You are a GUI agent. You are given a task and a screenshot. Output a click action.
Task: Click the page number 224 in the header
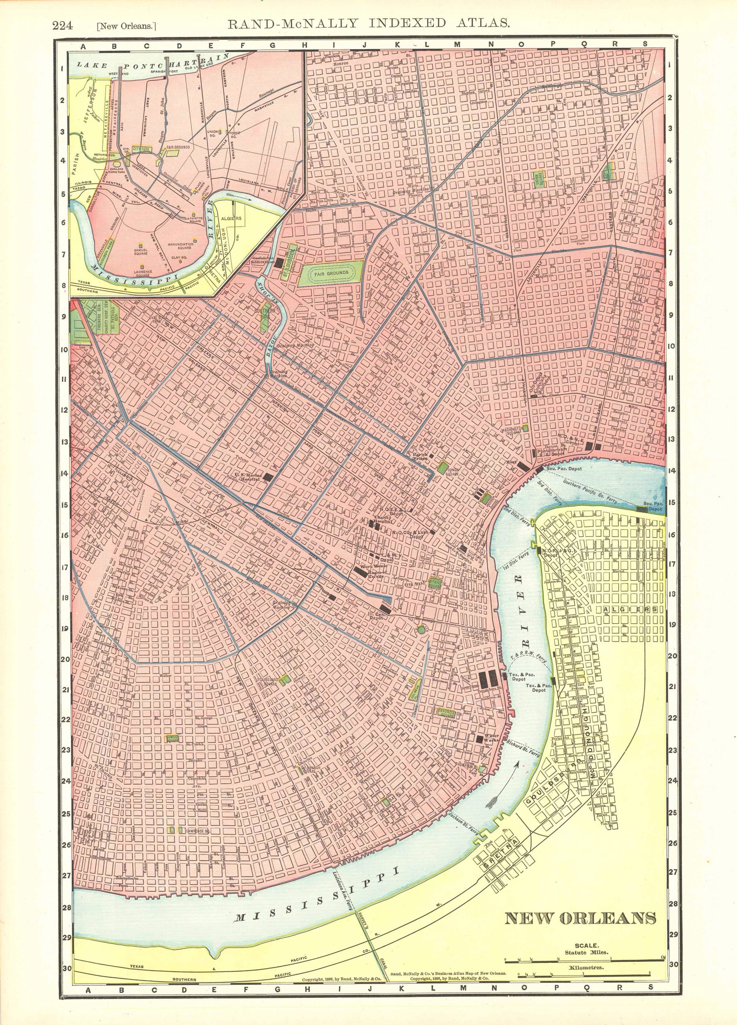63,25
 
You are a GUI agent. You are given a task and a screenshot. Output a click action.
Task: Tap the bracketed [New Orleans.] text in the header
127,26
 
